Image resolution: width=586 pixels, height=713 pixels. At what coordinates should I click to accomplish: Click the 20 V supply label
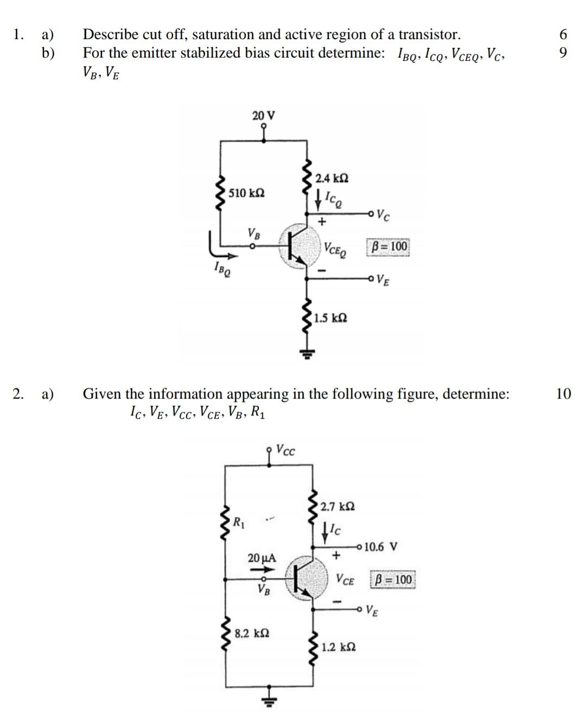[264, 116]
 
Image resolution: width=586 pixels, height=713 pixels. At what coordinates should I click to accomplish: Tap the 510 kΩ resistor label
[246, 193]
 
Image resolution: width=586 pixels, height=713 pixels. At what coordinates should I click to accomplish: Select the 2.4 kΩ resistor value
[332, 178]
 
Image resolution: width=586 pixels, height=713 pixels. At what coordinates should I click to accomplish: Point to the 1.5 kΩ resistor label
[330, 318]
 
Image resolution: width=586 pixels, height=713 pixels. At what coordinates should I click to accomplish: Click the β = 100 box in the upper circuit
[388, 247]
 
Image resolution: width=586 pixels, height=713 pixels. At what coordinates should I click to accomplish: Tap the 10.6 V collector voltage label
[381, 547]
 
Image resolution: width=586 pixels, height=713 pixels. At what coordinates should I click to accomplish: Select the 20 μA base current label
[262, 558]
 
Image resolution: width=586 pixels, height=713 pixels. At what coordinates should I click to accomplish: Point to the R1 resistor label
[239, 522]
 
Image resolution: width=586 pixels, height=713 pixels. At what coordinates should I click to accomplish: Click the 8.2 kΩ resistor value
[252, 633]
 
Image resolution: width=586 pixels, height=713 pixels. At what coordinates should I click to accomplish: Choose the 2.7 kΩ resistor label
[337, 507]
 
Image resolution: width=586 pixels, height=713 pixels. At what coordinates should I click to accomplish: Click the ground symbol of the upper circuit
[307, 354]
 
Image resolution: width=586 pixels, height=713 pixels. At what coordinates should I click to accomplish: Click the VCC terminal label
[285, 450]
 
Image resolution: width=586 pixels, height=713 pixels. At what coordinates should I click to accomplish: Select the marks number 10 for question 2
[563, 394]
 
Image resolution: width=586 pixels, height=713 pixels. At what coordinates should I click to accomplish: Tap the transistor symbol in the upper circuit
[299, 246]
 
